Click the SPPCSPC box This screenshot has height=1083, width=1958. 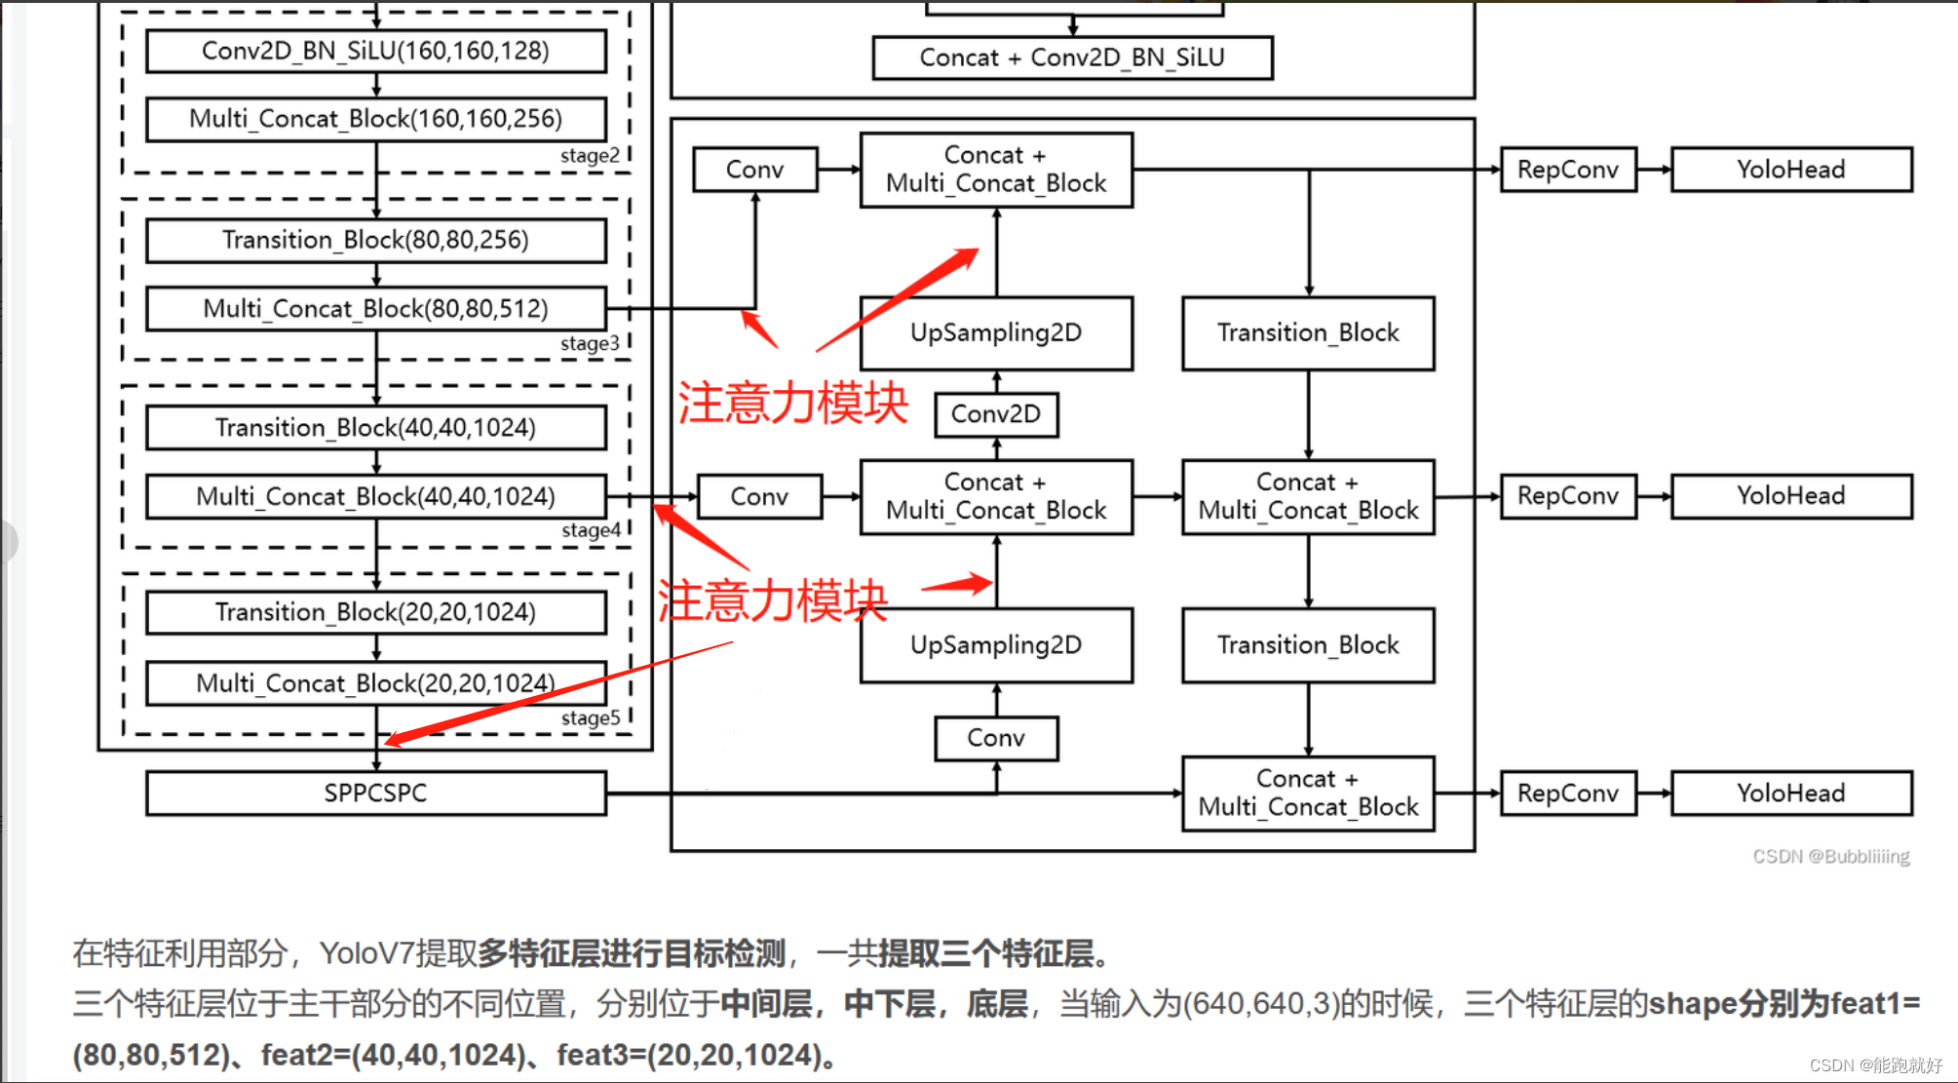coord(375,793)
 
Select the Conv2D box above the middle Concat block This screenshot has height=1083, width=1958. coord(995,414)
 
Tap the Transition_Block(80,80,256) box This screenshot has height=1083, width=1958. coord(375,240)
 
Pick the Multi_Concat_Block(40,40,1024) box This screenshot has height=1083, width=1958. coord(375,496)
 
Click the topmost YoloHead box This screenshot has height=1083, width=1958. coord(1790,170)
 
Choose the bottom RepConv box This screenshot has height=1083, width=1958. coord(1567,793)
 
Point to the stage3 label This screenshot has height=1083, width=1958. coord(590,343)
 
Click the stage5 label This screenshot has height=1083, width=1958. coord(591,718)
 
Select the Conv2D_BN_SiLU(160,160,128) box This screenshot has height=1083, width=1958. coord(375,51)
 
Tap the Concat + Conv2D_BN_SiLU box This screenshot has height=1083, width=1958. coord(1072,58)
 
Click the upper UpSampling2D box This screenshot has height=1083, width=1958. coord(995,332)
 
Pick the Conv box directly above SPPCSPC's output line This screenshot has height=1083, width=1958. coord(995,738)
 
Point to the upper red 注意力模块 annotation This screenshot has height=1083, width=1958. coord(792,403)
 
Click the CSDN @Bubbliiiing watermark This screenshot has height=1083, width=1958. coord(1830,857)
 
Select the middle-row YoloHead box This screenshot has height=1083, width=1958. coord(1790,496)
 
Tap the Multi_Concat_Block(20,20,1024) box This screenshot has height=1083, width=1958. coord(375,683)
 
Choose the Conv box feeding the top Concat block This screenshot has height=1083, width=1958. coord(754,170)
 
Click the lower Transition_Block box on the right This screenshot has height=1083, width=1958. coord(1307,645)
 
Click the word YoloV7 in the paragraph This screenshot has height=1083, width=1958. coord(366,953)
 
